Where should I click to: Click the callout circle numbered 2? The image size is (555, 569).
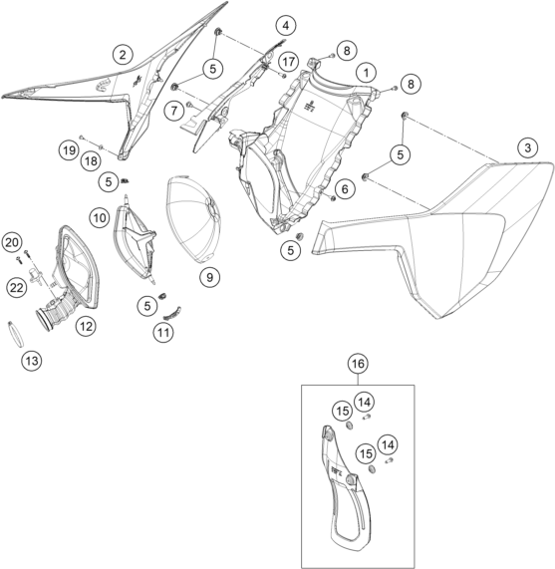click(x=123, y=55)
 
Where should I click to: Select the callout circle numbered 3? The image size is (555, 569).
click(x=527, y=147)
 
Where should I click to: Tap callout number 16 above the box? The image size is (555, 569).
click(x=358, y=364)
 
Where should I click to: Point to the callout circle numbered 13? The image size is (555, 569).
click(x=32, y=361)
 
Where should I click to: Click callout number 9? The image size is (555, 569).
click(x=209, y=277)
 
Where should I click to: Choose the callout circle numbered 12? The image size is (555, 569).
click(x=86, y=326)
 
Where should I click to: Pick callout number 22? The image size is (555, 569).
click(x=17, y=288)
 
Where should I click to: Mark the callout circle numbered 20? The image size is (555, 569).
click(x=12, y=242)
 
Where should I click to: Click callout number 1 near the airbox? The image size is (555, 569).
click(x=366, y=73)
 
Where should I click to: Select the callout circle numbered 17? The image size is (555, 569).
click(x=288, y=62)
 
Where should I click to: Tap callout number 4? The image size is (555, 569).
click(x=286, y=26)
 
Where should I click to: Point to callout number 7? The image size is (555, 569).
click(x=174, y=110)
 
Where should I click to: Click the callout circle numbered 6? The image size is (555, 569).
click(x=344, y=188)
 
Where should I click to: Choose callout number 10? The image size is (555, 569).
click(x=100, y=217)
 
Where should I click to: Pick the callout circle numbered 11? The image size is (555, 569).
click(x=163, y=332)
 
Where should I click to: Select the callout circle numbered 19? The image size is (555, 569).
click(x=69, y=149)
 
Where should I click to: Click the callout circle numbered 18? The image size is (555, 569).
click(x=91, y=160)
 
